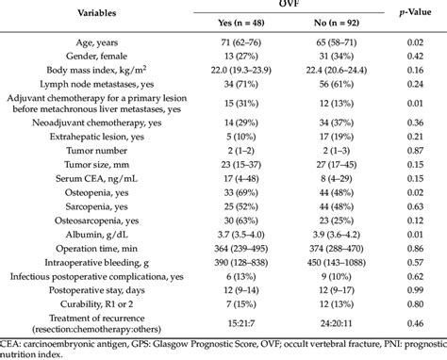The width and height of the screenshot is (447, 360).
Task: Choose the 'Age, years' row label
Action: (112, 43)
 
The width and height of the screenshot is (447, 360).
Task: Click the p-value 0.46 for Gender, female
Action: (411, 57)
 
